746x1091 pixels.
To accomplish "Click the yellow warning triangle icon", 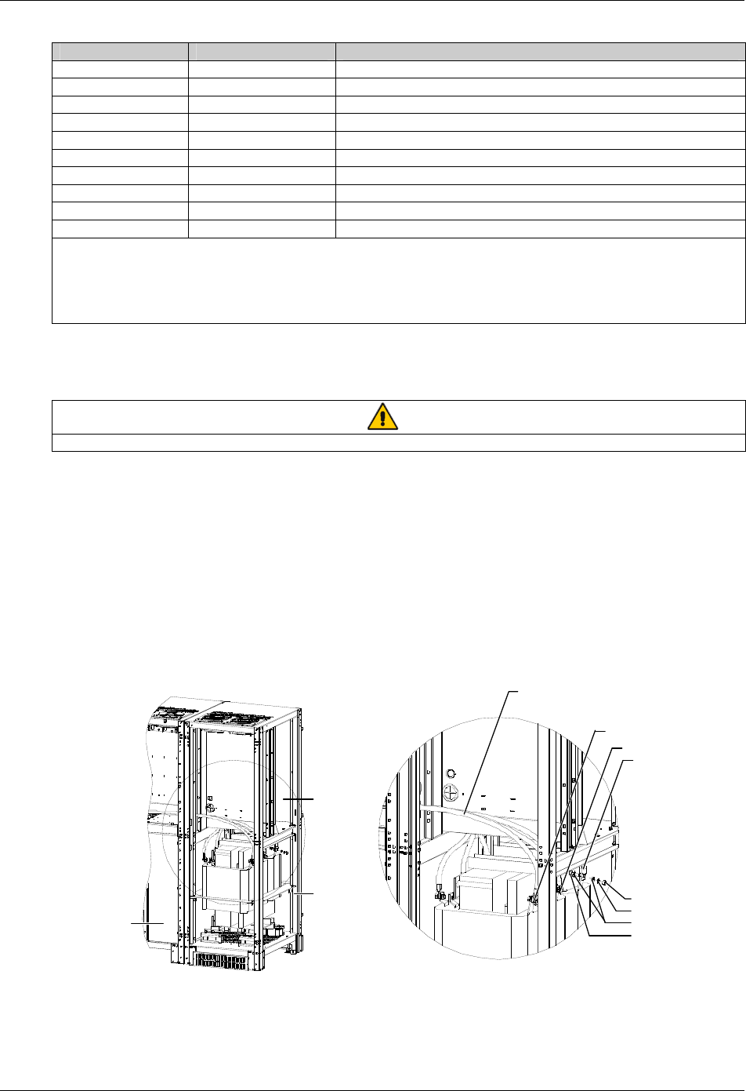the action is pos(382,416).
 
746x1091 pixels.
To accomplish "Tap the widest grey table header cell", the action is pos(540,52).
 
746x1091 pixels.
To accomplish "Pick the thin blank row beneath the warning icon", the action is pos(398,442).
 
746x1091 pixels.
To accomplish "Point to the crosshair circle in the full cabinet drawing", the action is pos(210,806).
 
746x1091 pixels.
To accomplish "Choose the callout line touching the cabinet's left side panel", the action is pos(146,925).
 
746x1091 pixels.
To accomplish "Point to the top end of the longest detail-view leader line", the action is pos(517,691).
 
